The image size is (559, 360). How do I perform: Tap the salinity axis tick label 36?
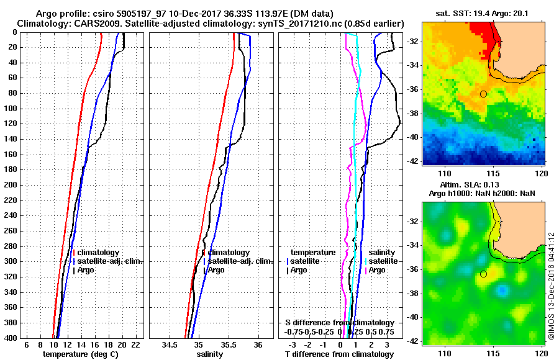point(258,345)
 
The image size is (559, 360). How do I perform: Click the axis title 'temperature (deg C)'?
point(80,354)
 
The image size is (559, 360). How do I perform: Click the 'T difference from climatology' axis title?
point(339,354)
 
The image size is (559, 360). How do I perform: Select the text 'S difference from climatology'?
point(340,323)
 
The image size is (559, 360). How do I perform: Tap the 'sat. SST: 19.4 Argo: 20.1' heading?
point(484,12)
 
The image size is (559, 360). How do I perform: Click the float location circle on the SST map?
point(483,94)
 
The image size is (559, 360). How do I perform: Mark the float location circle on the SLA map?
point(483,274)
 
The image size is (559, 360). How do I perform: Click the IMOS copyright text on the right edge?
point(552,286)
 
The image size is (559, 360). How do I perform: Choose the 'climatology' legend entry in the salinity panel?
point(229,253)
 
